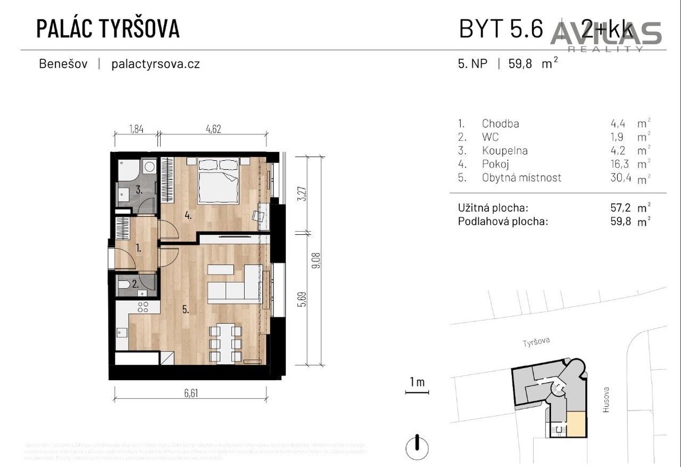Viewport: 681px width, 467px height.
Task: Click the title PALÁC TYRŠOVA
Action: (x=107, y=29)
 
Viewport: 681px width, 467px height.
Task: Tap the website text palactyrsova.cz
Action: (x=155, y=64)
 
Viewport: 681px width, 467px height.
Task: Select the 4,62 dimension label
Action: (x=212, y=128)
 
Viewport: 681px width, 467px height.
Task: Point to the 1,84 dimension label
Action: (x=136, y=128)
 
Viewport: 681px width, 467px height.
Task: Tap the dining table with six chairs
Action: (x=227, y=342)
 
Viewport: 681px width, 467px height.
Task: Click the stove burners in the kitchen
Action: (x=143, y=307)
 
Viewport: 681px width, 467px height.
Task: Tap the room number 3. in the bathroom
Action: (x=138, y=189)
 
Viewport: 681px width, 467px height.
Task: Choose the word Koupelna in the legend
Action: (x=504, y=151)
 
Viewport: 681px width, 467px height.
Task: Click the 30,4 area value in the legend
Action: (x=621, y=178)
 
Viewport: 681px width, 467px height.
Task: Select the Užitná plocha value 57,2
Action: (x=621, y=208)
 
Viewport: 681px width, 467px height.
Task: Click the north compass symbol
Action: (x=417, y=443)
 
